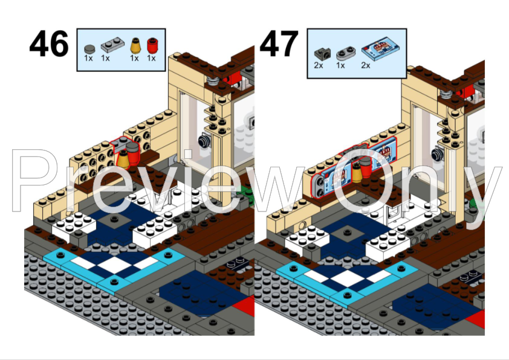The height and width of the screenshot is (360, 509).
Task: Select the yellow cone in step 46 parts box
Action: [134, 45]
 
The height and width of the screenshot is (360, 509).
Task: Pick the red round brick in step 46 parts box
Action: [151, 45]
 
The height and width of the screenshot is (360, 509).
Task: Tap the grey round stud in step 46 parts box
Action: [89, 47]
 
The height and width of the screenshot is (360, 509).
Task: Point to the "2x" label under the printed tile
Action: [366, 65]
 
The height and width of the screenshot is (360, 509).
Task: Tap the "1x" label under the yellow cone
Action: [134, 59]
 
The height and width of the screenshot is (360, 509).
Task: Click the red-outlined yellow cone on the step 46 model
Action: [123, 160]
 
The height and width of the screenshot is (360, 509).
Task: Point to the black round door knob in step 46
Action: [203, 141]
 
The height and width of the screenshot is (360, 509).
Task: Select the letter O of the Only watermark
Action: [363, 181]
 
